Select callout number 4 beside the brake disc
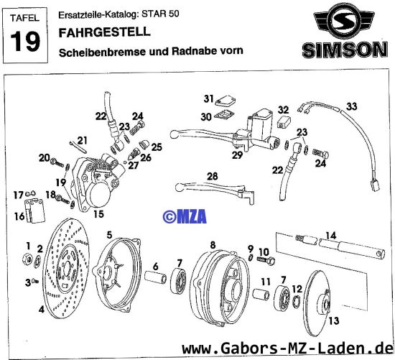tap(41, 311)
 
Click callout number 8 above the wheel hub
tap(212, 244)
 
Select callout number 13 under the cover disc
tap(332, 321)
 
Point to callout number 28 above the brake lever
tap(212, 176)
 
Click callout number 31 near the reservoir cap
tap(208, 98)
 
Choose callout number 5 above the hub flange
tap(108, 234)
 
